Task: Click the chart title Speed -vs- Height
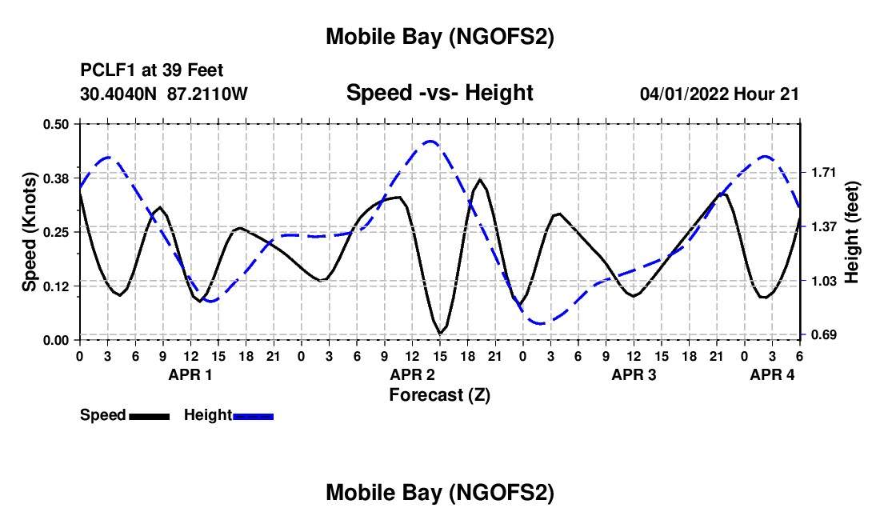[x=439, y=94]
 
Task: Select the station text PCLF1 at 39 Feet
[x=152, y=71]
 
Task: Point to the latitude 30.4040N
[x=119, y=94]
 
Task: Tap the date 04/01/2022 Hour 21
[x=719, y=94]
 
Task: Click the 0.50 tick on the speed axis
[x=56, y=123]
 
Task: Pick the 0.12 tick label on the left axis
[x=56, y=286]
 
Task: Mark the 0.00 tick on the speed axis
[x=56, y=340]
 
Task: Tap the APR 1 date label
[x=190, y=374]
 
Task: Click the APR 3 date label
[x=634, y=374]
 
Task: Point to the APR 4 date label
[x=772, y=374]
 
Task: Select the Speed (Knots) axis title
[x=30, y=232]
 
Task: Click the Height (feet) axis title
[x=851, y=231]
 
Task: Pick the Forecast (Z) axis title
[x=439, y=395]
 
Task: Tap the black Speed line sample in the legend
[x=149, y=416]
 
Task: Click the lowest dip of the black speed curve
[x=440, y=333]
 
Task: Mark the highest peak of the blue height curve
[x=430, y=142]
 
